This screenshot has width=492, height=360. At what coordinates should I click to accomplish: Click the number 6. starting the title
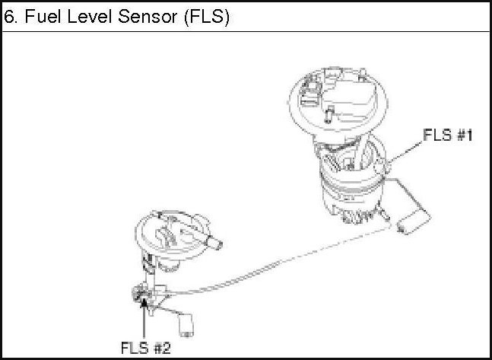[11, 17]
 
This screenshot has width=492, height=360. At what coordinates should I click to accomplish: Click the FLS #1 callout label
[448, 136]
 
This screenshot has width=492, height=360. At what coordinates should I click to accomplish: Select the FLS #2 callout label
[145, 347]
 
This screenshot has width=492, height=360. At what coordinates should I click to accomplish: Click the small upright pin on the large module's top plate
[329, 115]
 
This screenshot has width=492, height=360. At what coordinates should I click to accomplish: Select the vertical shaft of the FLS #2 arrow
[144, 320]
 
